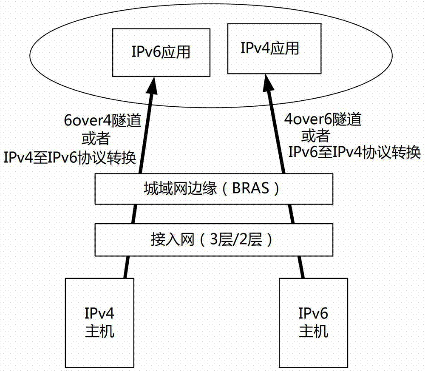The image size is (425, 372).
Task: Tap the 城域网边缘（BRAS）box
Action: (x=212, y=188)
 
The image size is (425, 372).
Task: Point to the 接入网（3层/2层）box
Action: (x=212, y=240)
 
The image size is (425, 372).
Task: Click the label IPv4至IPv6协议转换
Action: (x=70, y=158)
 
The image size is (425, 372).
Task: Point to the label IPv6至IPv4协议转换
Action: (x=355, y=151)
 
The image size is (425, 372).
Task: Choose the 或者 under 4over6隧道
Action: (x=315, y=136)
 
